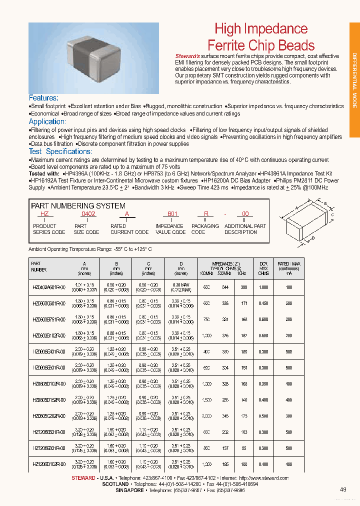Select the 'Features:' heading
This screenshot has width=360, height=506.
tap(43, 98)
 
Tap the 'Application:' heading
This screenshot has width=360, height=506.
tap(47, 121)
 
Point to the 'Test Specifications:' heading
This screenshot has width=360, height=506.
tap(60, 151)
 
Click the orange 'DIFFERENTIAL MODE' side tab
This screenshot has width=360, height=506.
tap(354, 80)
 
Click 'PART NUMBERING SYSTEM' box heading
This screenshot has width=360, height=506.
tap(78, 206)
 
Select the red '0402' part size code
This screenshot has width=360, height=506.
tap(88, 213)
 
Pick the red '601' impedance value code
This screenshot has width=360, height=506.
tap(172, 213)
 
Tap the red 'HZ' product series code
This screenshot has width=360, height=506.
tap(44, 213)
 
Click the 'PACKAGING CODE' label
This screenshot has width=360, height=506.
tap(205, 229)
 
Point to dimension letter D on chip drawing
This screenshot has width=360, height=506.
tap(313, 238)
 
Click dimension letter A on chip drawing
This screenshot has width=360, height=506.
tap(296, 207)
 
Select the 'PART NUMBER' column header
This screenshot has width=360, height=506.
tap(39, 266)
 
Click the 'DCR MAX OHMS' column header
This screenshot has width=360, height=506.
tap(263, 268)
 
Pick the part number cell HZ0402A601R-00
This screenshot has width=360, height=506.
tap(49, 287)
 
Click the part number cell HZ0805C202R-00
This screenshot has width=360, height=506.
tap(49, 416)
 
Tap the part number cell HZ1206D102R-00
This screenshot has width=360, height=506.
tap(49, 464)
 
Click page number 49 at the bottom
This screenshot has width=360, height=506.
tap(343, 489)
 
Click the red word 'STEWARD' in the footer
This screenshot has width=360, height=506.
tap(83, 478)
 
